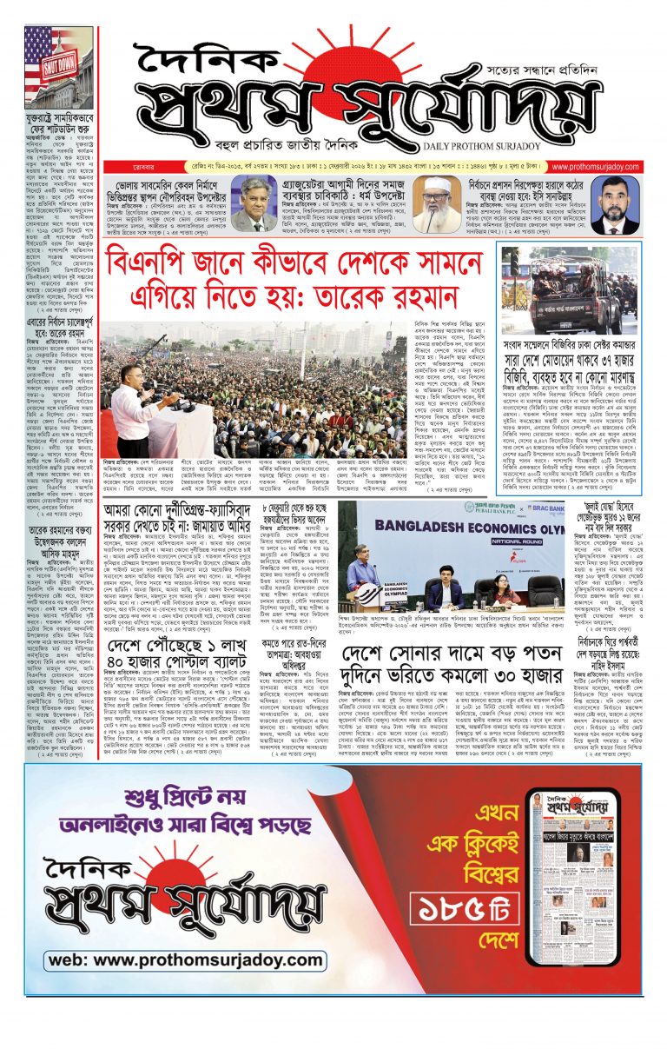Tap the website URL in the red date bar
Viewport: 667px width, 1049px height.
[607, 167]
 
